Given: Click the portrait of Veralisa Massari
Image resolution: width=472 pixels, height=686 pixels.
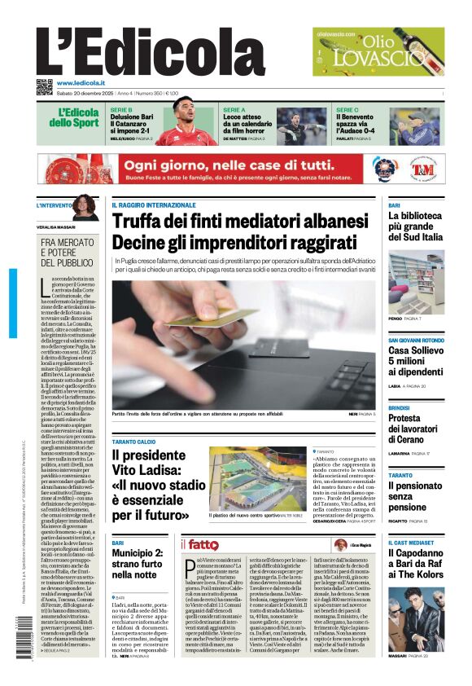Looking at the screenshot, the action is click(x=83, y=208).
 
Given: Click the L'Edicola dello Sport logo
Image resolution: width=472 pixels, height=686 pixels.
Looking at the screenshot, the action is click(x=77, y=117).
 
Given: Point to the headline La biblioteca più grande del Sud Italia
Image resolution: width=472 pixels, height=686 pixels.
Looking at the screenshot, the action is click(x=415, y=226).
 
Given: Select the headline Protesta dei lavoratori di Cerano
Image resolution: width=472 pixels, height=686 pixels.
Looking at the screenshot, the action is click(x=416, y=429).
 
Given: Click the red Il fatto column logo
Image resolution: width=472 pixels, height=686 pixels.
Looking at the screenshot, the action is click(x=199, y=543).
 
